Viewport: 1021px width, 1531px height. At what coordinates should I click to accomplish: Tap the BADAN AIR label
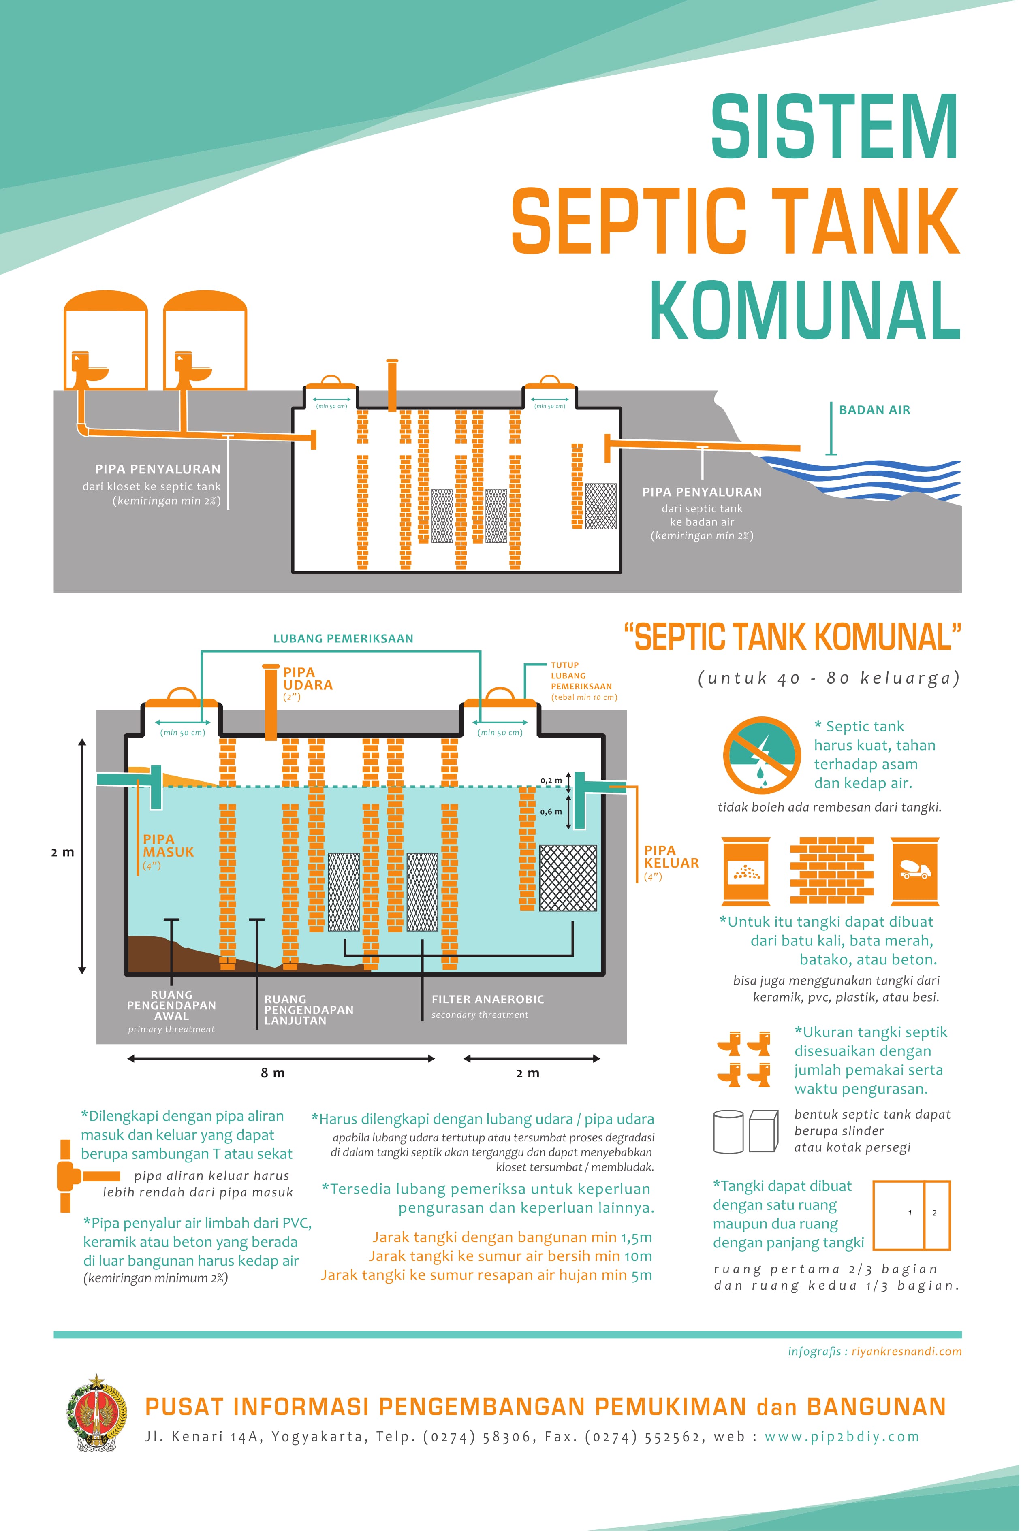(874, 410)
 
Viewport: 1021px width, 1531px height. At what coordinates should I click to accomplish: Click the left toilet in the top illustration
(89, 370)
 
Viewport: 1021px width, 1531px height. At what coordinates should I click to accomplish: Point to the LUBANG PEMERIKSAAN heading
(343, 639)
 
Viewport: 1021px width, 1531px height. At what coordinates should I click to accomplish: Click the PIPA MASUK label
(168, 846)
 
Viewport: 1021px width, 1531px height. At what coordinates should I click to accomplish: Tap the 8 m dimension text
(273, 1073)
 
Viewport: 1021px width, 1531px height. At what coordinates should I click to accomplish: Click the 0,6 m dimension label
(551, 812)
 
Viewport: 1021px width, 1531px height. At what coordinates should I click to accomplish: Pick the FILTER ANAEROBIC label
(487, 999)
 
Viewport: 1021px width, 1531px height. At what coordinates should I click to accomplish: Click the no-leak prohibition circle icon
(761, 755)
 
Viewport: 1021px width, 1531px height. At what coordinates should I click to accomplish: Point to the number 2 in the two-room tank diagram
(934, 1213)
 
